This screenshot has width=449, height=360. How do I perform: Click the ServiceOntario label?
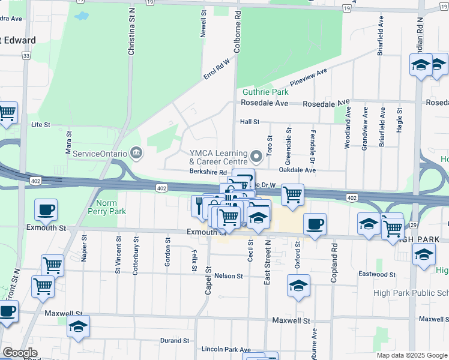(x=100, y=154)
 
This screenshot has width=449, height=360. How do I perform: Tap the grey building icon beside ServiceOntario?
(x=136, y=154)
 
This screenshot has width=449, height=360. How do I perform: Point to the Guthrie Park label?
(x=265, y=92)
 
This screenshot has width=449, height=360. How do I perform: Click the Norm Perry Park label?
(x=107, y=207)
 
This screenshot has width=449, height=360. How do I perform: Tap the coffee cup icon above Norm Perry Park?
(x=46, y=210)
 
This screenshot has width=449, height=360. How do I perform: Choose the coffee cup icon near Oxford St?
(x=315, y=225)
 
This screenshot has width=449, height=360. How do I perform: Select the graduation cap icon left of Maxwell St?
(x=78, y=327)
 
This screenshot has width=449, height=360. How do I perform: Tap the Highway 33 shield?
(x=26, y=56)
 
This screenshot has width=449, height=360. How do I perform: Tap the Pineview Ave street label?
(x=309, y=77)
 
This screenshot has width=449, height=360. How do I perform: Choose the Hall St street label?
(x=249, y=122)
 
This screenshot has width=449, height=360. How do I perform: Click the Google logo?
(x=20, y=353)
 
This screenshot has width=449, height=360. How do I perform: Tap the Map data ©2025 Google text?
(x=412, y=355)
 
